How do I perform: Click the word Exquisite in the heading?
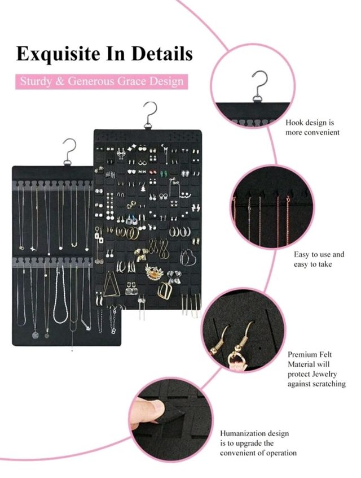click(58, 54)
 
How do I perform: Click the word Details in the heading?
click(162, 53)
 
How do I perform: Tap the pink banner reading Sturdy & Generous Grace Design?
click(102, 81)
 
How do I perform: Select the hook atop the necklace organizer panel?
click(70, 151)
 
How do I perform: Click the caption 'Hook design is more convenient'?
click(312, 128)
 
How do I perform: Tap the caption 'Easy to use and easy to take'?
click(319, 259)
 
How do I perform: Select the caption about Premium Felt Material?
click(316, 369)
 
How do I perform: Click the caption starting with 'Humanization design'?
click(258, 443)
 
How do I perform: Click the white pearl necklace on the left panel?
click(60, 295)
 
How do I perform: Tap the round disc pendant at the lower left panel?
click(36, 335)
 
